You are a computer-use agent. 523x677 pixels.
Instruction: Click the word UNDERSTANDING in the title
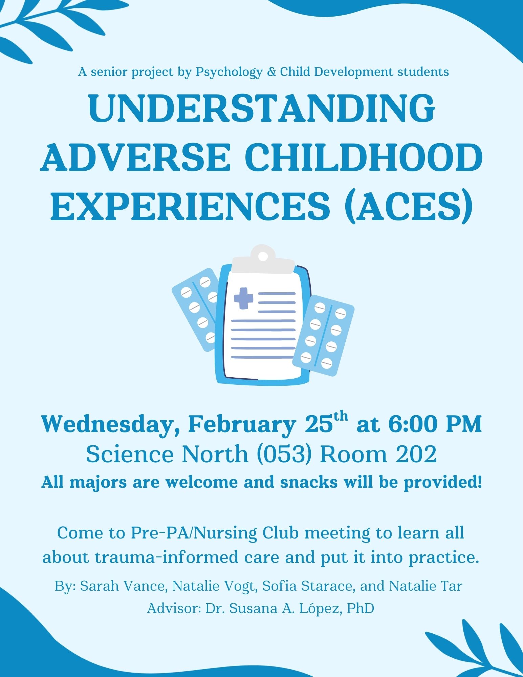[x=261, y=108]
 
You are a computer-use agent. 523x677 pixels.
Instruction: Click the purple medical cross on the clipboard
[x=243, y=298]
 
